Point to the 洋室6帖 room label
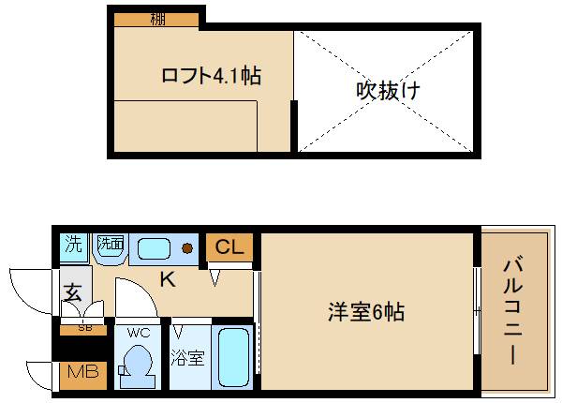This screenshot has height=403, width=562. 365,312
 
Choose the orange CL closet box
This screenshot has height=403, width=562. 229,247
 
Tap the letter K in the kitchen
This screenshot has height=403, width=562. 167,277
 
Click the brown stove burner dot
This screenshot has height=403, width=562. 187,248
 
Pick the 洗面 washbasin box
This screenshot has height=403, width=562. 110,246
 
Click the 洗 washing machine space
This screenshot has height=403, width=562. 74,246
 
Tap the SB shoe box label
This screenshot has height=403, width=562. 84,329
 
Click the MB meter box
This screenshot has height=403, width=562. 82,372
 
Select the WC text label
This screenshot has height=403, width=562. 139,332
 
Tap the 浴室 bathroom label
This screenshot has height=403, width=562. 187,357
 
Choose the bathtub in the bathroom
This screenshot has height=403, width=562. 232,359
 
